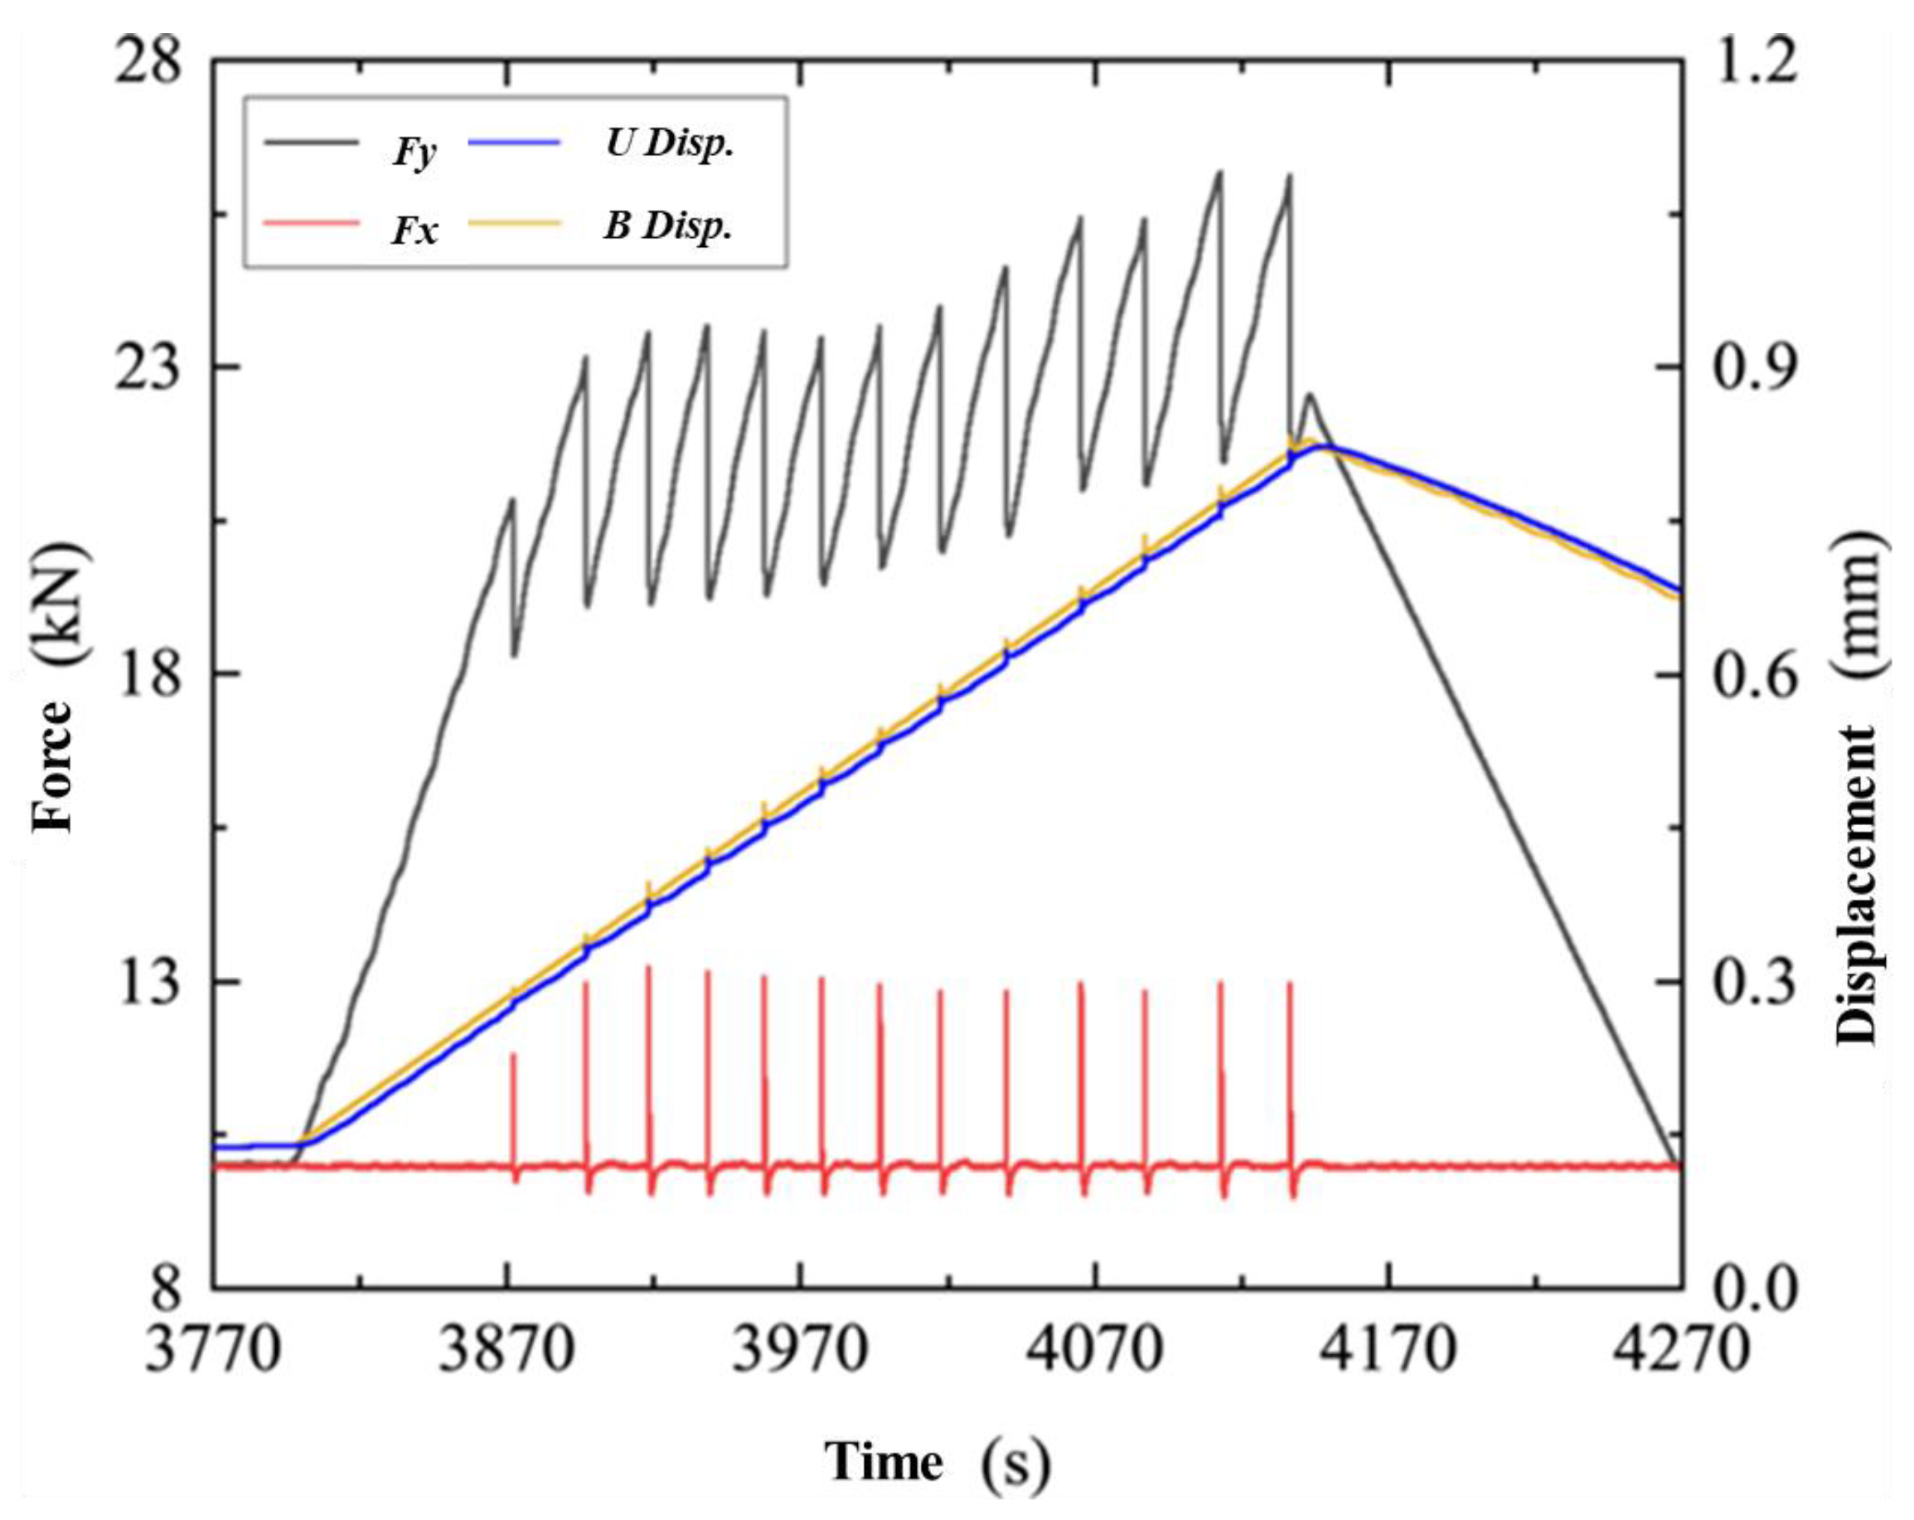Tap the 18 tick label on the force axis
[148, 673]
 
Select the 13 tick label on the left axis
[148, 982]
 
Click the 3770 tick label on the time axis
[214, 1351]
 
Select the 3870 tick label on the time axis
[508, 1351]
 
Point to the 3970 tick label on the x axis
[801, 1351]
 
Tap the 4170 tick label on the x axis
[1388, 1351]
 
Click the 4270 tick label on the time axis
[1681, 1351]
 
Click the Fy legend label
[414, 153]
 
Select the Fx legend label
[414, 231]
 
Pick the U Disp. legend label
[671, 143]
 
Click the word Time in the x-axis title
[884, 1461]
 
